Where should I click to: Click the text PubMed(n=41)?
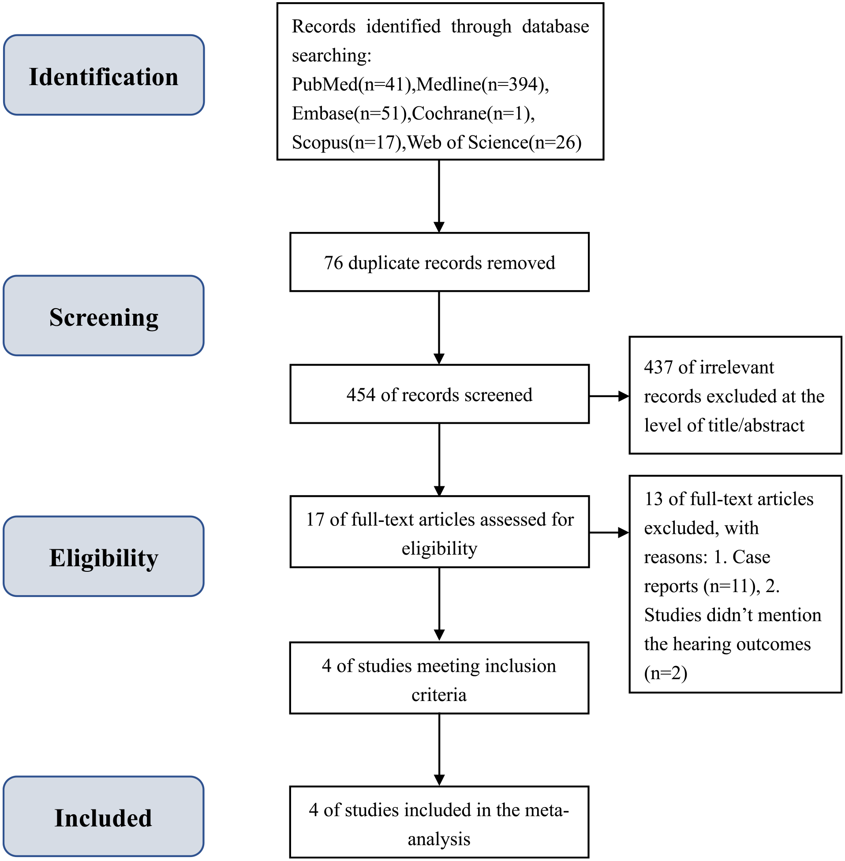[351, 84]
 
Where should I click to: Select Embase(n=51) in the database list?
[349, 114]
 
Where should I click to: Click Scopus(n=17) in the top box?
[346, 142]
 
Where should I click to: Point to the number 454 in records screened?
[361, 395]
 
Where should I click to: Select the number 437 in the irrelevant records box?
[658, 367]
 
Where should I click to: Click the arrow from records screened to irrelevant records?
[609, 396]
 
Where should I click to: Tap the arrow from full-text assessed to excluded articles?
[609, 532]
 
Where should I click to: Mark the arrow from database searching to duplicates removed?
[439, 196]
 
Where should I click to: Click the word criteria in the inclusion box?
[439, 695]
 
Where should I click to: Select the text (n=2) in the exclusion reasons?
[666, 673]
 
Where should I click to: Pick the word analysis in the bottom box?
[439, 839]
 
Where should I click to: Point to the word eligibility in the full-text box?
[439, 549]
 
